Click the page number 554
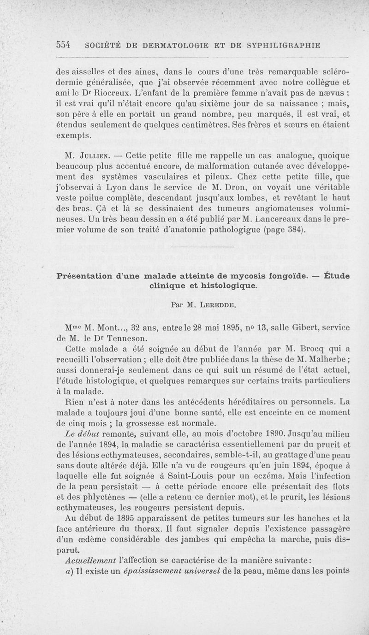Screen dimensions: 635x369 pos(63,45)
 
